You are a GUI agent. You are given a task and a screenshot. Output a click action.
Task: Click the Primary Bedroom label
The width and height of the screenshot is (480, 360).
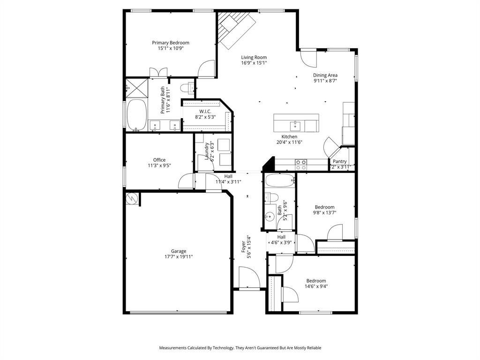coord(171,43)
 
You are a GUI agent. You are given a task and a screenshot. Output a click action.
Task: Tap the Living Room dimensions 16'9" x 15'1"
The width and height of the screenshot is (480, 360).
coord(254,63)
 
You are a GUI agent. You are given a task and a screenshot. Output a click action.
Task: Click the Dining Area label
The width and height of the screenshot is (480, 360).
coord(325,75)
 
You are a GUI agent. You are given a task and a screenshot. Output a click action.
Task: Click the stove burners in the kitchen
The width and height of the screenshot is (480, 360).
coord(300,165)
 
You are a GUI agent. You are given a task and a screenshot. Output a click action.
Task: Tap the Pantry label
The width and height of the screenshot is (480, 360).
coord(340,161)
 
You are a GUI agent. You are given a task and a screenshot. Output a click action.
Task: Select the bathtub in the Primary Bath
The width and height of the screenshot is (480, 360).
coord(136,115)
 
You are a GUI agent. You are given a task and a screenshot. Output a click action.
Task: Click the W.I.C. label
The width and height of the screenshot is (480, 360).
coord(205,111)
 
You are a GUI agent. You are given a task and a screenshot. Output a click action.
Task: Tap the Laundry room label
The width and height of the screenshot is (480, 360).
coord(207,150)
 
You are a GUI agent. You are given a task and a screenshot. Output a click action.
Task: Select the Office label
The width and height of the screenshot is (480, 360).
coord(159,160)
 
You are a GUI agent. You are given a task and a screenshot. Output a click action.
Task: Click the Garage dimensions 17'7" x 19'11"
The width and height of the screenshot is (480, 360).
coord(179,257)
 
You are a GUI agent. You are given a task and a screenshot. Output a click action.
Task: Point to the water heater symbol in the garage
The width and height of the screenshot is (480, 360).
coord(133,199)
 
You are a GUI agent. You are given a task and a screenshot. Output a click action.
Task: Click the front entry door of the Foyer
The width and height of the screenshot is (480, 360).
coord(249,280)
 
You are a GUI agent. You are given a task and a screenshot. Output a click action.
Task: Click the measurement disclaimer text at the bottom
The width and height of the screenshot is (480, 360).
coord(240,348)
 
